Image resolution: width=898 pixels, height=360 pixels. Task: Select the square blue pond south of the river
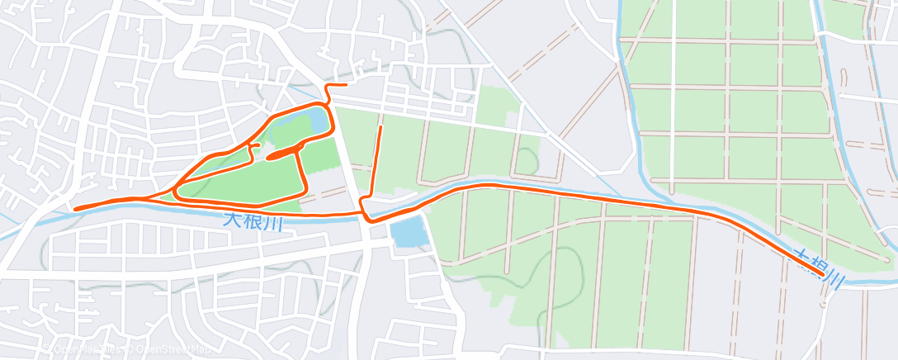coord(408,234)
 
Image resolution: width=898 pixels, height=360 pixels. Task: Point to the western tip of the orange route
coord(75,209)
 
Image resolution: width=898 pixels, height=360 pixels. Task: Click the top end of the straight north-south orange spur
coord(380,128)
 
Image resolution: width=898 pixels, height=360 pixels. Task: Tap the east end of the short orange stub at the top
coord(345,84)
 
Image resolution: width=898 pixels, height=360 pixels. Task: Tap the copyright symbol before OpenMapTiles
coord(51,350)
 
